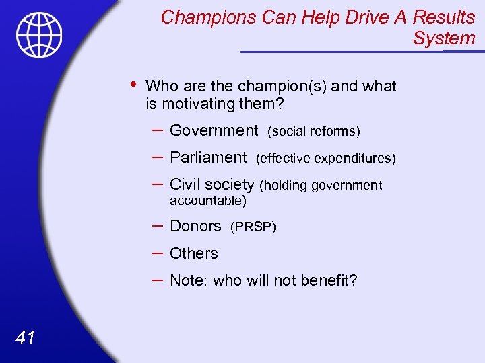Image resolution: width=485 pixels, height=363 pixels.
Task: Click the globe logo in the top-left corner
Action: tap(40, 35)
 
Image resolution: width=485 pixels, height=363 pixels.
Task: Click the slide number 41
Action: tap(25, 338)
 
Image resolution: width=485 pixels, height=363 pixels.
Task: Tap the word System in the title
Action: tap(444, 38)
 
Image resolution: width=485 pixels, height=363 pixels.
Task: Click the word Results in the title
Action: tap(444, 17)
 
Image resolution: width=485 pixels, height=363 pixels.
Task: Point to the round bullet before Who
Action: tap(133, 85)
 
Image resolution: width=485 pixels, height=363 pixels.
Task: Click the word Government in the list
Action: tap(214, 130)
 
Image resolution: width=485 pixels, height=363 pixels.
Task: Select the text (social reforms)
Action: tap(314, 131)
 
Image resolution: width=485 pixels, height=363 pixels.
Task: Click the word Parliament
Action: tap(208, 157)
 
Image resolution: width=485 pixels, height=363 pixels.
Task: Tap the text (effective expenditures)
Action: tap(325, 159)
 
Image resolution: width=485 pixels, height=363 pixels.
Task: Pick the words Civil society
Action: tap(212, 185)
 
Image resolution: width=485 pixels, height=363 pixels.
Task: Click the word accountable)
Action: tap(207, 200)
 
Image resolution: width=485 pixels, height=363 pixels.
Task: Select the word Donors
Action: tap(195, 227)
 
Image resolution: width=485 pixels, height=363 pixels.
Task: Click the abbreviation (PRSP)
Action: tap(253, 227)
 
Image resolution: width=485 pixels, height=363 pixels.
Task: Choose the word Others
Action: tap(194, 253)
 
